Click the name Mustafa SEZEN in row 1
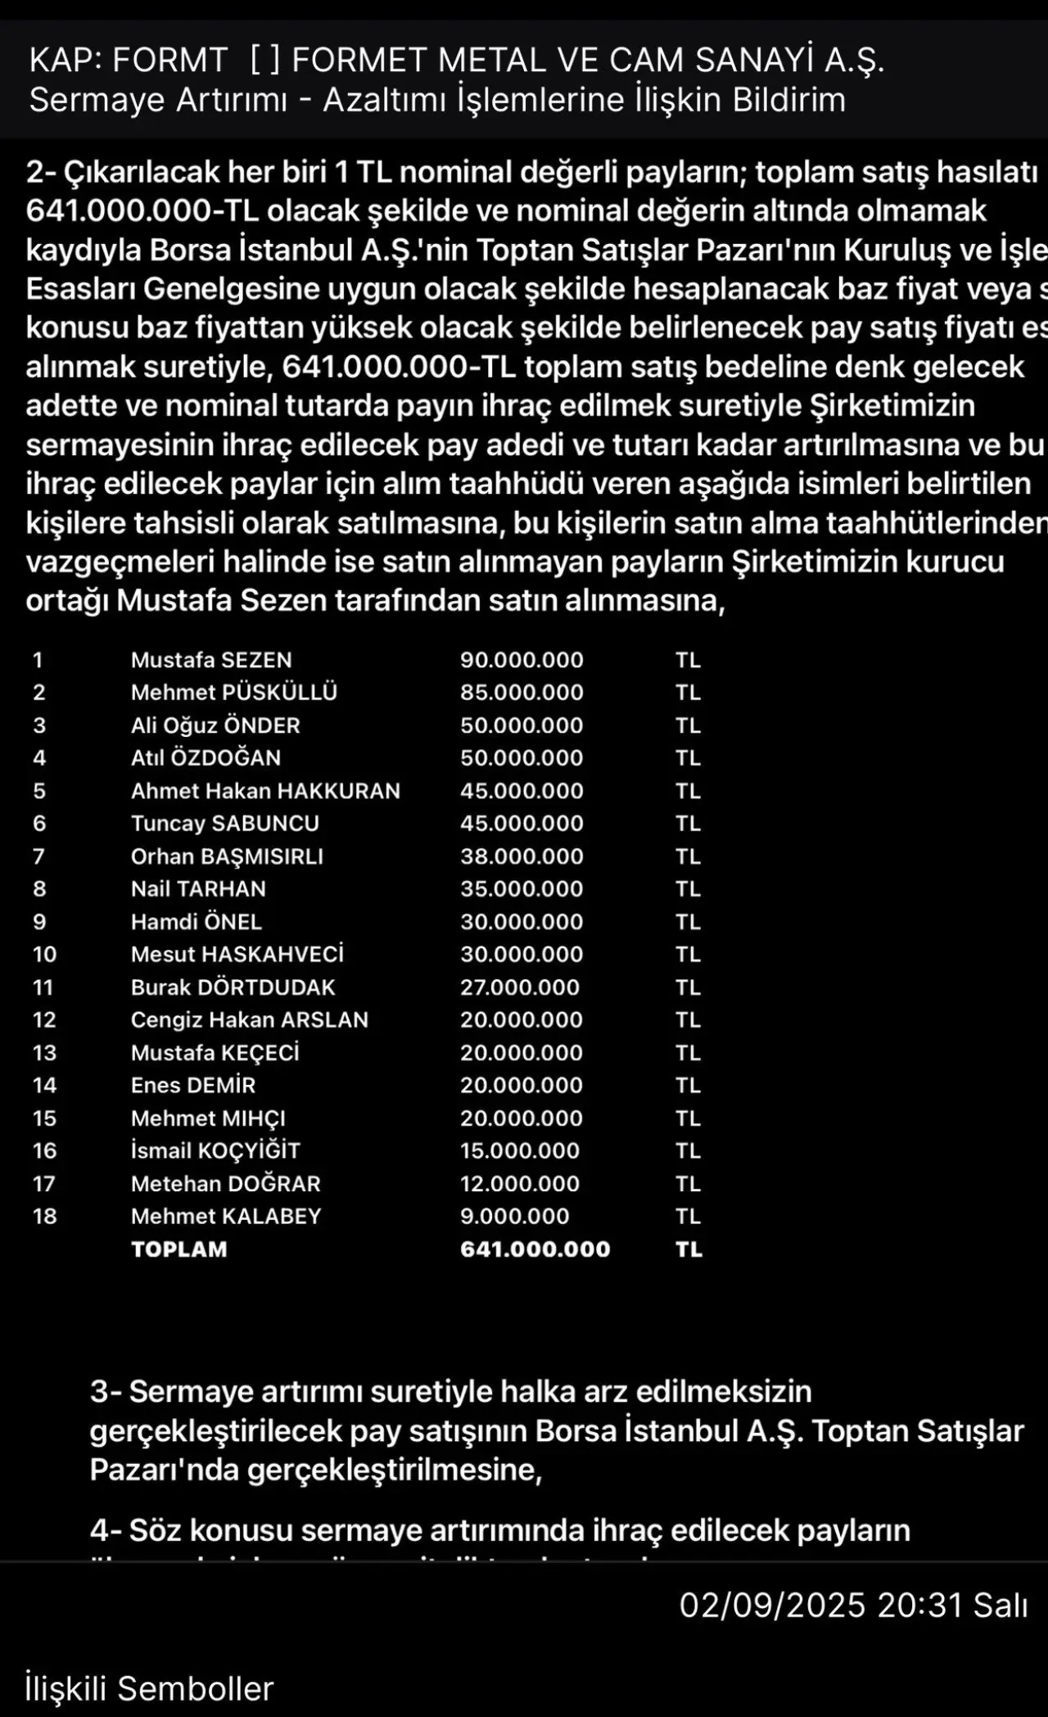pyautogui.click(x=211, y=660)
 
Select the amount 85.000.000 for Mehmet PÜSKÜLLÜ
pyautogui.click(x=522, y=693)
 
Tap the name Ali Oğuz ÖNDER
pyautogui.click(x=215, y=725)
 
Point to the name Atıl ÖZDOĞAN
pyautogui.click(x=206, y=758)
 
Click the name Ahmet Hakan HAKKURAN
pyautogui.click(x=265, y=791)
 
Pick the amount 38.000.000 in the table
pyautogui.click(x=522, y=856)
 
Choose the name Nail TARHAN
pyautogui.click(x=198, y=889)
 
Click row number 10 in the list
pyautogui.click(x=44, y=955)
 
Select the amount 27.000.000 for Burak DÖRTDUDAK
pyautogui.click(x=519, y=987)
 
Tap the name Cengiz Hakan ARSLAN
pyautogui.click(x=250, y=1020)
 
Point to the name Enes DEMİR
pyautogui.click(x=193, y=1086)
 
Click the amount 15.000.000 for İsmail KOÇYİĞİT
pyautogui.click(x=519, y=1151)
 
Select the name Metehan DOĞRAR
pyautogui.click(x=226, y=1184)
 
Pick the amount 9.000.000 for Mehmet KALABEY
pyautogui.click(x=514, y=1217)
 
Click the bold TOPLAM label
pyautogui.click(x=179, y=1249)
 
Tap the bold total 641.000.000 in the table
pyautogui.click(x=535, y=1249)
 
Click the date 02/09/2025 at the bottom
pyautogui.click(x=772, y=1606)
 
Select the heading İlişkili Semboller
pyautogui.click(x=149, y=1689)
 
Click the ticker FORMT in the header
pyautogui.click(x=169, y=61)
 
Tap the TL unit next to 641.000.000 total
pyautogui.click(x=689, y=1249)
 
